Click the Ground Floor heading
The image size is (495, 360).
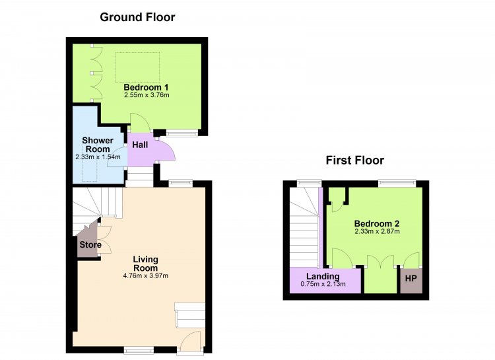(137, 17)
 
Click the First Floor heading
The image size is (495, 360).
(355, 161)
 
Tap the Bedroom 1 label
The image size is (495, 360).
(146, 87)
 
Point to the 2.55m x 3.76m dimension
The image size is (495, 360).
(147, 95)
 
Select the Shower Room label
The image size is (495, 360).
(98, 145)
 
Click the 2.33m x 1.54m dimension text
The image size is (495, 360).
(98, 157)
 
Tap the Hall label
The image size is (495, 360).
(140, 145)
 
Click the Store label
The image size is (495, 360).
(90, 244)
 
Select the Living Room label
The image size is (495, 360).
(146, 264)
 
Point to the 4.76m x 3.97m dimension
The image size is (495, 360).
(146, 275)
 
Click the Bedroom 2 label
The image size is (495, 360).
(377, 224)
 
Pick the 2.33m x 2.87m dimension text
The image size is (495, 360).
(377, 231)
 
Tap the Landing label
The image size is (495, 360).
(323, 277)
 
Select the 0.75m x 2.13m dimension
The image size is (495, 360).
(323, 284)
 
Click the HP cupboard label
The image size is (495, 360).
(411, 279)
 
